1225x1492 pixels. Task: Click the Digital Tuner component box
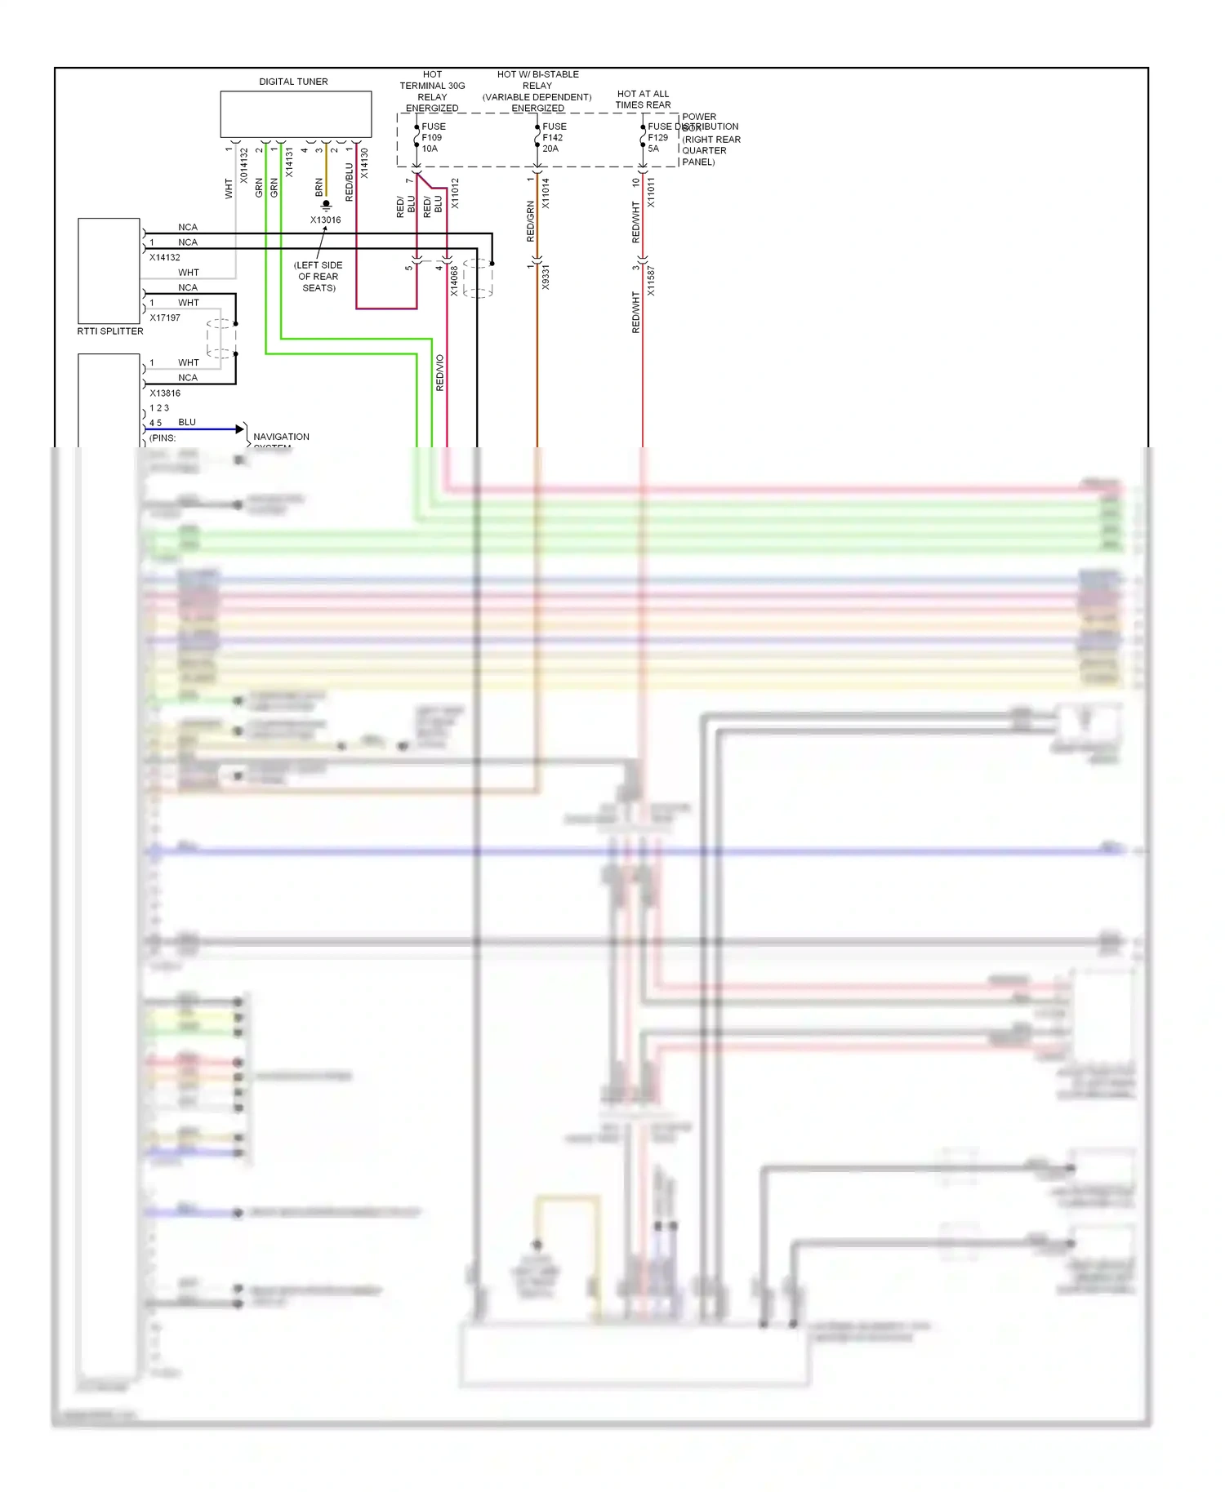296,114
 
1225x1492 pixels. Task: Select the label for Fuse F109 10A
433,138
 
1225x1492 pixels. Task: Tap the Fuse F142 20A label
554,138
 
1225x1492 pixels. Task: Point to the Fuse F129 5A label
657,138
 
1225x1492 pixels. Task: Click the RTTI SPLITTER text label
110,331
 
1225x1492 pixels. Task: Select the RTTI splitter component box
109,271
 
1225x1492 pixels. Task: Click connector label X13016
325,220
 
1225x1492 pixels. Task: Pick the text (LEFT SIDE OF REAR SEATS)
318,277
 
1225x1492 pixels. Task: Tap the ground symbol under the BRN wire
326,205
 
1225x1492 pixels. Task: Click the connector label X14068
455,281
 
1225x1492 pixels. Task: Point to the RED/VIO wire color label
440,373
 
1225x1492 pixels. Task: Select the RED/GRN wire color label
530,221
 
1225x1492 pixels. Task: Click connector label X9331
546,277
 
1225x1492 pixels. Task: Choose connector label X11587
651,281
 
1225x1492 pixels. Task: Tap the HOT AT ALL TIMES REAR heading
643,100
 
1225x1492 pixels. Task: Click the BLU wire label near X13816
187,423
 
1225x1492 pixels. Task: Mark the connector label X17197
165,318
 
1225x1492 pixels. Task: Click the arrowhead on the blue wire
240,429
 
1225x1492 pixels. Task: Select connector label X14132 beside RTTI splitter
165,258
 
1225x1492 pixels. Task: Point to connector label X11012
455,193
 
